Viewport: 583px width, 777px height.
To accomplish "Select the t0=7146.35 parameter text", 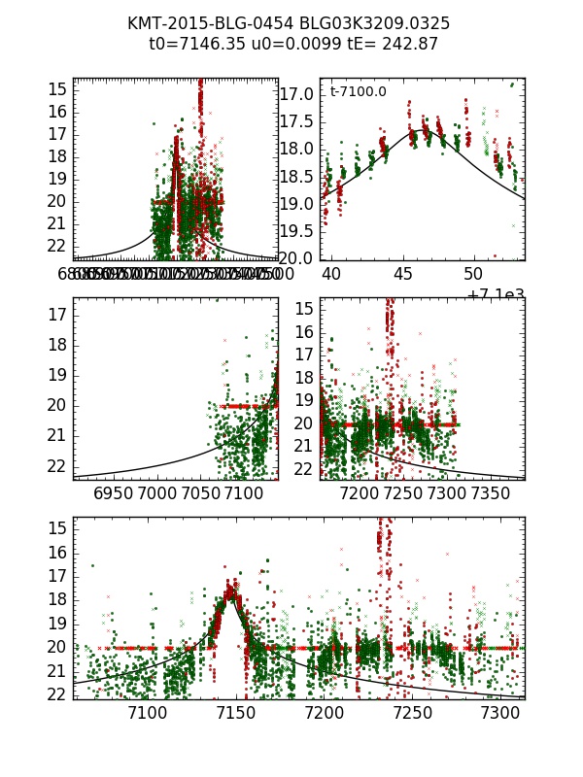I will click(190, 44).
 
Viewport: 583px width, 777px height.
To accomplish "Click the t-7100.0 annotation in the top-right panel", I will click(359, 92).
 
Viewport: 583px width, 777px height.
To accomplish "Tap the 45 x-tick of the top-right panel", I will click(402, 275).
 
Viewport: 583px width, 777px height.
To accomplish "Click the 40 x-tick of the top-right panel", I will click(331, 275).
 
